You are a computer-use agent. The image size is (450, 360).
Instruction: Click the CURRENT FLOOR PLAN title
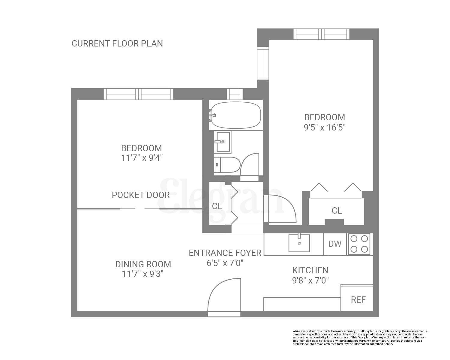coord(117,43)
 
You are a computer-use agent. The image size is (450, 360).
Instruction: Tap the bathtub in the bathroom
coord(236,115)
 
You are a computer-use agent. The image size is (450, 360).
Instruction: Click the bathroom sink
coord(223,142)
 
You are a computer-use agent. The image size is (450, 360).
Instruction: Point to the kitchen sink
coord(299,243)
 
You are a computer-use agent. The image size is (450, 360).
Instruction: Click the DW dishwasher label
coord(335,244)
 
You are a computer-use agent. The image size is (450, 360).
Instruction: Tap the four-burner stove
coord(359,244)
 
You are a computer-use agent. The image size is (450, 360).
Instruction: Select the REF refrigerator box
coord(358,299)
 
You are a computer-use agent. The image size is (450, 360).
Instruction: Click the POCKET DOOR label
coord(141,195)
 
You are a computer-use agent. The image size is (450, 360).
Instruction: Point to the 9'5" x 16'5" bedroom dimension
coord(325,127)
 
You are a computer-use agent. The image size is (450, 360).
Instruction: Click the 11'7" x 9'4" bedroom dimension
coord(142,158)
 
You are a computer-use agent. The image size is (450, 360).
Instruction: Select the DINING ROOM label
coord(143,264)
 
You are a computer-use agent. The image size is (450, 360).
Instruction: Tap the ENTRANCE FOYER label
coord(225,253)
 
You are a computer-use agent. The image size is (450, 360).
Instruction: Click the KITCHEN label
coord(310,270)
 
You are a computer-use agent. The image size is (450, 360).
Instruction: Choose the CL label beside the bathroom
coord(217,206)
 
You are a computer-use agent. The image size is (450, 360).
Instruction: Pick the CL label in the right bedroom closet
coord(337,211)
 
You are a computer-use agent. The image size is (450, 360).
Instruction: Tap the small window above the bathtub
coord(235,94)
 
